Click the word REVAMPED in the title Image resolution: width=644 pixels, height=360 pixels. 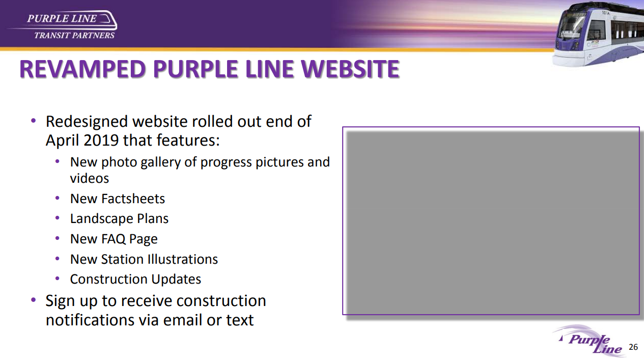coord(82,69)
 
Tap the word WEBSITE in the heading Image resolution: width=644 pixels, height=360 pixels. coord(350,69)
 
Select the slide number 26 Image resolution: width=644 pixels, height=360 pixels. coord(633,347)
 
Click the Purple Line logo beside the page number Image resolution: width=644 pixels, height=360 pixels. coord(589,341)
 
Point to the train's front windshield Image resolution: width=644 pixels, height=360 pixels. coord(570,28)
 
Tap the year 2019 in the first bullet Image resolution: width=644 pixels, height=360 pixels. coord(101,141)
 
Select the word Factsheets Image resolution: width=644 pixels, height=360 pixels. coord(133,199)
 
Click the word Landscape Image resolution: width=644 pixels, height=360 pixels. coord(101,219)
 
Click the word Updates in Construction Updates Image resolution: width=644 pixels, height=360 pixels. coord(176,280)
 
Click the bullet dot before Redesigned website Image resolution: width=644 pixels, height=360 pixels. coord(34,121)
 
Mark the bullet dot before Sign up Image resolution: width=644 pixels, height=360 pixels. coord(34,300)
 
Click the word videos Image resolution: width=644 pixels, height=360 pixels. coord(90,178)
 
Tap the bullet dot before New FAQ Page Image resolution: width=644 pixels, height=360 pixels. coord(58,238)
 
